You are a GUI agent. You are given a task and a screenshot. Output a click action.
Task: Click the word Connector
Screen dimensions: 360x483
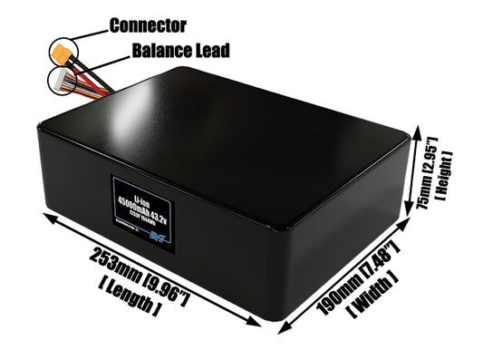point(148,24)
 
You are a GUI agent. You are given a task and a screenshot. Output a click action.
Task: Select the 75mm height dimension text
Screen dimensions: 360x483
point(425,208)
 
